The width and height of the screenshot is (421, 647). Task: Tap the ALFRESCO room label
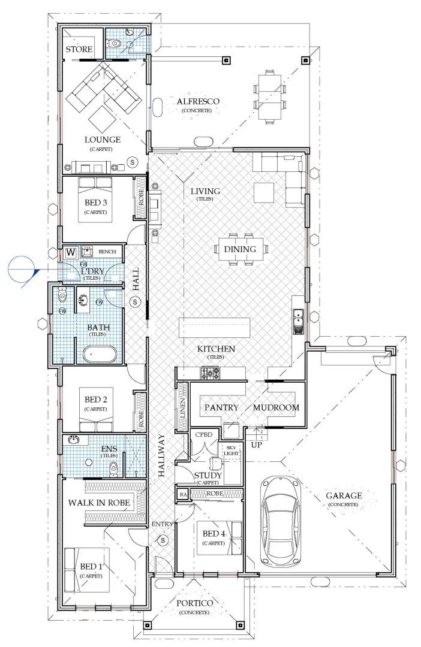click(x=193, y=102)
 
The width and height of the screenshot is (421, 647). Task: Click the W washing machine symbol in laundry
click(x=71, y=252)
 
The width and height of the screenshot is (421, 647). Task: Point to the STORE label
click(x=79, y=49)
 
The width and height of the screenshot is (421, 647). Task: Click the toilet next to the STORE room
click(x=116, y=43)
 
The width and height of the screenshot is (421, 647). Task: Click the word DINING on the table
click(x=240, y=249)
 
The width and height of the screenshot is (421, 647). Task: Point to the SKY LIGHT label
click(x=231, y=450)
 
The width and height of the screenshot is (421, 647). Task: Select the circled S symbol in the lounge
click(x=133, y=162)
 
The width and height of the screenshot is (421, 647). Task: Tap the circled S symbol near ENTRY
click(x=162, y=540)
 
